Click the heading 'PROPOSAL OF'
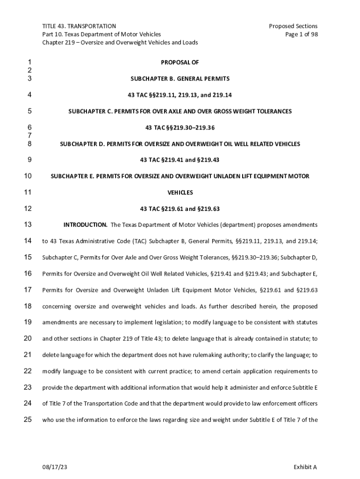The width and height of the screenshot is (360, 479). coord(180,63)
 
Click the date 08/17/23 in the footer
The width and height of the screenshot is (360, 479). coord(52,467)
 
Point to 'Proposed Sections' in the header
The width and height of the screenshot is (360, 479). coord(293,26)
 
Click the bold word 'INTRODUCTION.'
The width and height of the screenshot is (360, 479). coord(86,225)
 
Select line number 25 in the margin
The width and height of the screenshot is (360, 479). coord(28,420)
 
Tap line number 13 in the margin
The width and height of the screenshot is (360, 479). coord(28,225)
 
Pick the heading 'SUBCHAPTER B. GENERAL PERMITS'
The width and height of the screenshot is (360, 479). coord(180,79)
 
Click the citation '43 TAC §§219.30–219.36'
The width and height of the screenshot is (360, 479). coord(180,128)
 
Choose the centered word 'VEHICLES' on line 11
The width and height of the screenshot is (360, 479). coord(180,193)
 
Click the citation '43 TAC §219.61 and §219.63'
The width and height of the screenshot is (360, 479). coord(180,209)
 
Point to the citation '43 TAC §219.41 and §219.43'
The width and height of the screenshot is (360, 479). coord(180,160)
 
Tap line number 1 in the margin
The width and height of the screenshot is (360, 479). coord(29,63)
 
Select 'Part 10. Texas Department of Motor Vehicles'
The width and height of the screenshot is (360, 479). coord(101,34)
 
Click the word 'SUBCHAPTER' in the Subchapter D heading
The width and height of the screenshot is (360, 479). coord(78,144)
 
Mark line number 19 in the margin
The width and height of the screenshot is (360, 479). coord(28,322)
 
